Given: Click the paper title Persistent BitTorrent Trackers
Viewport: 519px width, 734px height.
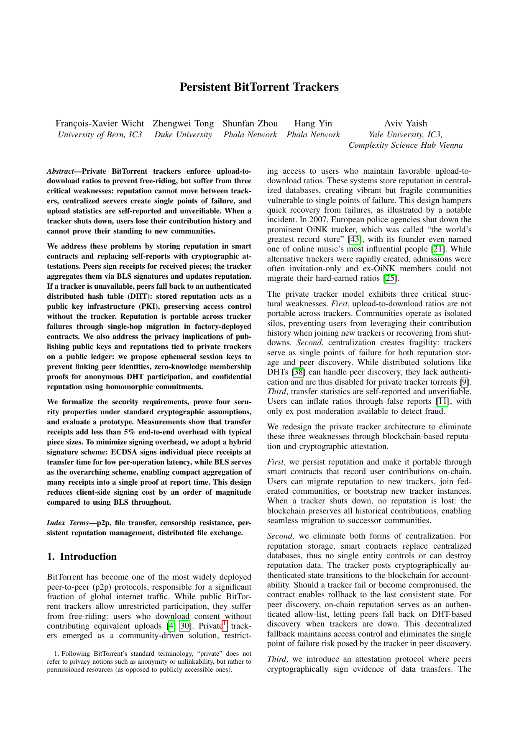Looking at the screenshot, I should (259, 87).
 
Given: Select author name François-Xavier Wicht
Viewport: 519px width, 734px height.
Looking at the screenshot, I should (100, 123).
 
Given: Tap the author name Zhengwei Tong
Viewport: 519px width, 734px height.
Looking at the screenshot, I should (183, 123).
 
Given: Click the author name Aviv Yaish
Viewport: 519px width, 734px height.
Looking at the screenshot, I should (406, 123).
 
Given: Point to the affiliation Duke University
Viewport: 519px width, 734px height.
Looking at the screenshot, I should (183, 135).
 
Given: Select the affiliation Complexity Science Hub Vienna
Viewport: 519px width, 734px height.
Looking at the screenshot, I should (406, 145).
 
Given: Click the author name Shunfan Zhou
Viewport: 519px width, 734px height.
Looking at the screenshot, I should (250, 123).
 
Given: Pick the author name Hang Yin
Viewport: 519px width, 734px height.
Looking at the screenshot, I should (313, 123).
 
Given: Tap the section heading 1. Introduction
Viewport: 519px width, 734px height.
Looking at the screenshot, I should (82, 557).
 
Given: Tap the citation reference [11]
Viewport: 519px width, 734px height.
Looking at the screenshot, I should (442, 401).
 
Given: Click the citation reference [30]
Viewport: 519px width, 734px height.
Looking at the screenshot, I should (185, 626).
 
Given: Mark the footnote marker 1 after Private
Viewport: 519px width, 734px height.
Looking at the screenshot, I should (225, 624).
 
